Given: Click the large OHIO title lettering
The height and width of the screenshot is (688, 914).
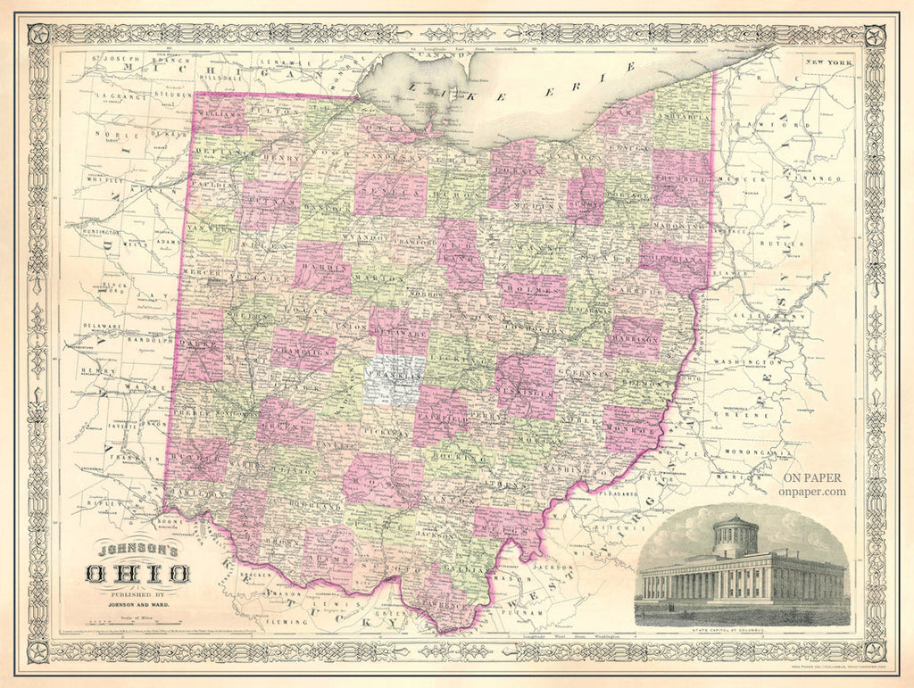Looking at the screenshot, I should (x=137, y=572).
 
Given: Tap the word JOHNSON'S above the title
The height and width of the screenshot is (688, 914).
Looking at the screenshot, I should (x=135, y=550).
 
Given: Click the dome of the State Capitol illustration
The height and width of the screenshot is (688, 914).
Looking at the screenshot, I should (x=735, y=534).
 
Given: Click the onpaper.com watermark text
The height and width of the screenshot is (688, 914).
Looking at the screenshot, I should (x=810, y=490).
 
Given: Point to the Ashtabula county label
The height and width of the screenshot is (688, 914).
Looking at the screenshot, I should (x=683, y=118).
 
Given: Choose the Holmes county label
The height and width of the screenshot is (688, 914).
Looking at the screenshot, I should (x=533, y=289).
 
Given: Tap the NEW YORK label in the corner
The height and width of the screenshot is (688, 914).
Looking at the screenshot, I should (x=827, y=62).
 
